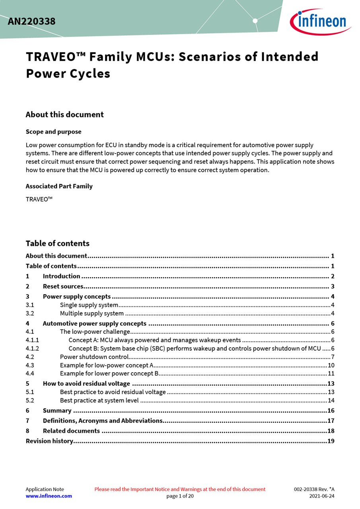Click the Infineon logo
320,21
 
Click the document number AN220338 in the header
31,21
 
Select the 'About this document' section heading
64,115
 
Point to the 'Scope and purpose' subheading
53,132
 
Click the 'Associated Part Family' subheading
59,186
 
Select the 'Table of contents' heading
57,243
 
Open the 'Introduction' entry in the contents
61,276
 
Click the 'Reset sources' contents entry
63,286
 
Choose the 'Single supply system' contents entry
89,305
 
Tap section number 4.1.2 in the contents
32,349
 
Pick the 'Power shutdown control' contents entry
94,357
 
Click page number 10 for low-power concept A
331,365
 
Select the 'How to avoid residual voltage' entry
86,384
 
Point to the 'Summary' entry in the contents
57,411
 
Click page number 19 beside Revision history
331,441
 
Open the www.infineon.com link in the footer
49,496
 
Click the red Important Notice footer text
180,489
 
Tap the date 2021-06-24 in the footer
322,496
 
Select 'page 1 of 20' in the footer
180,496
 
